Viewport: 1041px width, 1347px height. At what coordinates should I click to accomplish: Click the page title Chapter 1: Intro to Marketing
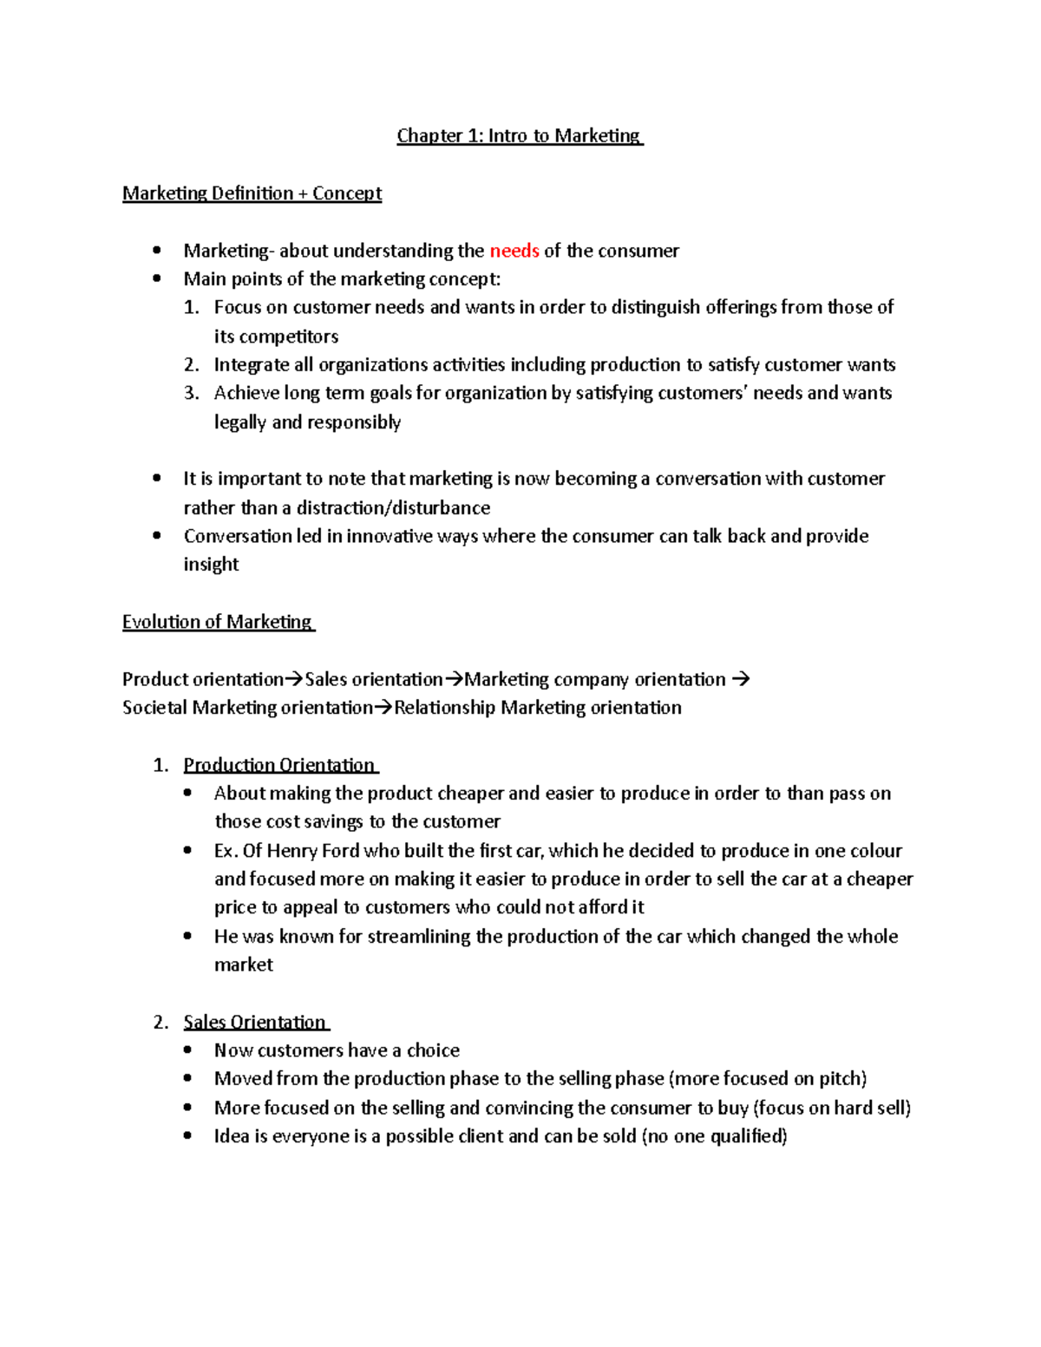519,136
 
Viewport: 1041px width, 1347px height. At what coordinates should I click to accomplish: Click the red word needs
514,252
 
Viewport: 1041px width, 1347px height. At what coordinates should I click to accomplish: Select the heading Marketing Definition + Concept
252,193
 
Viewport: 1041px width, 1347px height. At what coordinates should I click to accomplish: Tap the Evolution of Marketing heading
217,622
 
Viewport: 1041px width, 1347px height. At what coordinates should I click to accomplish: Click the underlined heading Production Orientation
279,765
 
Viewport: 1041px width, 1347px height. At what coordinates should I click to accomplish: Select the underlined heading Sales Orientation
255,1022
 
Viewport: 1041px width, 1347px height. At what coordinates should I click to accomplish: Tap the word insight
211,565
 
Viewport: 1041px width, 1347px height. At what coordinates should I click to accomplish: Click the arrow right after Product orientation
294,680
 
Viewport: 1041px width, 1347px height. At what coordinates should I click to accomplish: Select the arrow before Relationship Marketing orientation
383,709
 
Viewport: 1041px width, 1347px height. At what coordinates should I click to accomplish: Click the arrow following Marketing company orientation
740,680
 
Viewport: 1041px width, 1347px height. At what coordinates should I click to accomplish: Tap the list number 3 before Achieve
191,394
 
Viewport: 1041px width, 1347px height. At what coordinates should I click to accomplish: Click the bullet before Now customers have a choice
188,1050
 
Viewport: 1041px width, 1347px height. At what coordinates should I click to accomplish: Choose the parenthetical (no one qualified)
714,1136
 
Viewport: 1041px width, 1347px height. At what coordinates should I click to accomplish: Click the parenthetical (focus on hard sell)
832,1108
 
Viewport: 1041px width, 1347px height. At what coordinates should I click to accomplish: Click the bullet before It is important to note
157,479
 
